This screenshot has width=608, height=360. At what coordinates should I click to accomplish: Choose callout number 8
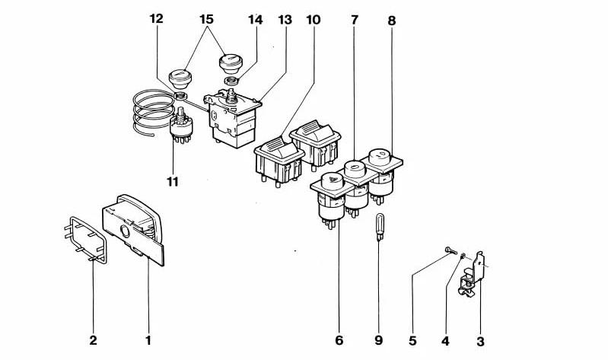pyautogui.click(x=391, y=21)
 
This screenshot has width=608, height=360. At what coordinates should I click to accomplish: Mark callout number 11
pyautogui.click(x=173, y=180)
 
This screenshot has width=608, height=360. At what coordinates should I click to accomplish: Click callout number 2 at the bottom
pyautogui.click(x=93, y=340)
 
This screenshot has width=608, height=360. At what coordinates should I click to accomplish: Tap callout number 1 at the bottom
pyautogui.click(x=148, y=340)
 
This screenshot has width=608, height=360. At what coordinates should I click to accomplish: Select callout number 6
pyautogui.click(x=339, y=340)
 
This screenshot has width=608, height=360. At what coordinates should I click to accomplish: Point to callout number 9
pyautogui.click(x=378, y=340)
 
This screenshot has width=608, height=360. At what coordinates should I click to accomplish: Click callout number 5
pyautogui.click(x=412, y=340)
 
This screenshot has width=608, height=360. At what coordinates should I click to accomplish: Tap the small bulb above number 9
pyautogui.click(x=377, y=226)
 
